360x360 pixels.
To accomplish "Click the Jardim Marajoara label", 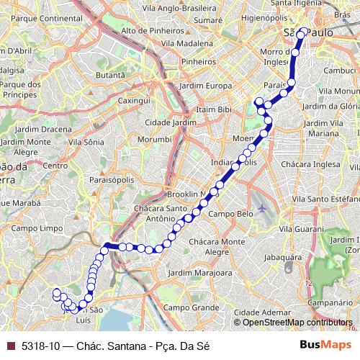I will point(202,273).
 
